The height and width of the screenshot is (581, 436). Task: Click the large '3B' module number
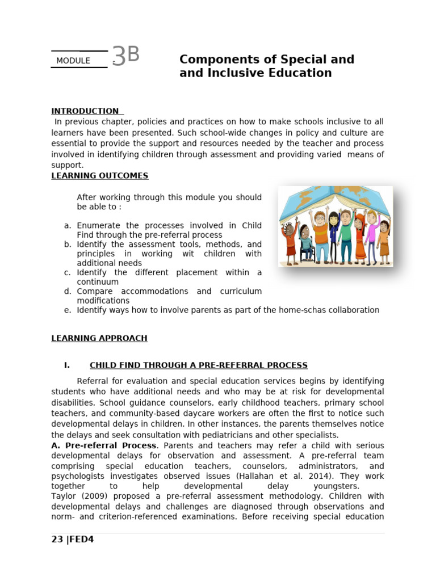[125, 56]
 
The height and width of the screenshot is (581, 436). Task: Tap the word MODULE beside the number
[73, 61]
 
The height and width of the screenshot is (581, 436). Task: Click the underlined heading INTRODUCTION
[85, 111]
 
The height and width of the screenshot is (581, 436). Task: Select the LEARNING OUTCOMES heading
[100, 176]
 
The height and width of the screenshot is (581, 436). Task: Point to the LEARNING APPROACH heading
[99, 338]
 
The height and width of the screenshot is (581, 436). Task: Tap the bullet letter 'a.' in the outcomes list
[68, 226]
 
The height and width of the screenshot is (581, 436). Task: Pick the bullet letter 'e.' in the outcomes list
[68, 310]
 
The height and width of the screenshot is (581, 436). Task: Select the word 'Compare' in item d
[94, 291]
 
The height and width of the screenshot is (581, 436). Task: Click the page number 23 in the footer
[57, 540]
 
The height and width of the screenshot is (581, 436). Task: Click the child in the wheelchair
[305, 244]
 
